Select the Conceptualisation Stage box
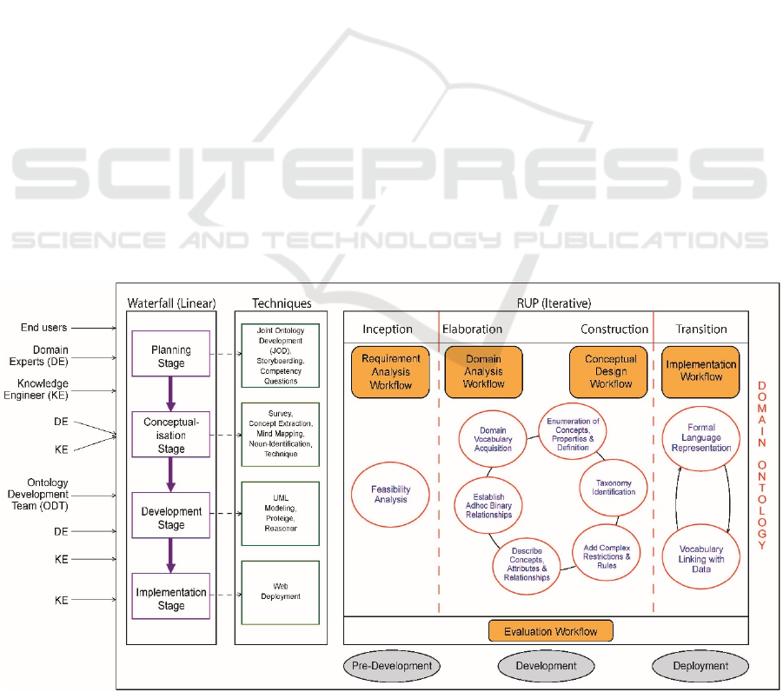click(170, 435)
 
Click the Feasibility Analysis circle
click(391, 494)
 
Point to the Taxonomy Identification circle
click(614, 487)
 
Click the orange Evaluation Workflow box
click(551, 631)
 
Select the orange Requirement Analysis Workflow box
click(391, 371)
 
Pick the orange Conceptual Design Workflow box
click(610, 371)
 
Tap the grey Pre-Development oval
click(392, 666)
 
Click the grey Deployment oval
click(700, 666)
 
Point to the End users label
click(45, 328)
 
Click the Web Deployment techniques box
click(281, 592)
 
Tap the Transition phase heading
click(700, 329)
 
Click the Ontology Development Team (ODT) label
click(45, 495)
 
